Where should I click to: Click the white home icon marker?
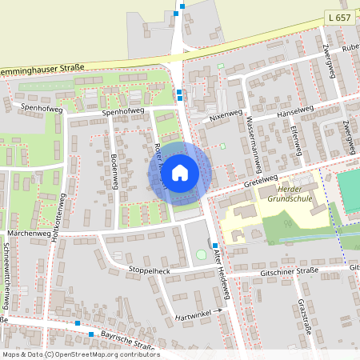180,171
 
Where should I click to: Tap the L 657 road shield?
338,17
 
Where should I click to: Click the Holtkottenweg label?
57,219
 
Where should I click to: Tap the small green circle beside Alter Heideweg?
200,254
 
